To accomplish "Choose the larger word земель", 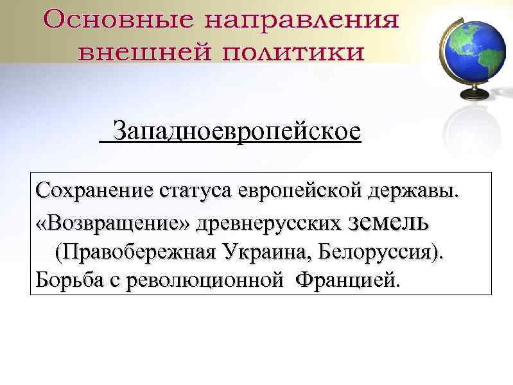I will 387,223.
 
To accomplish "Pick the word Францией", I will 345,280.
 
